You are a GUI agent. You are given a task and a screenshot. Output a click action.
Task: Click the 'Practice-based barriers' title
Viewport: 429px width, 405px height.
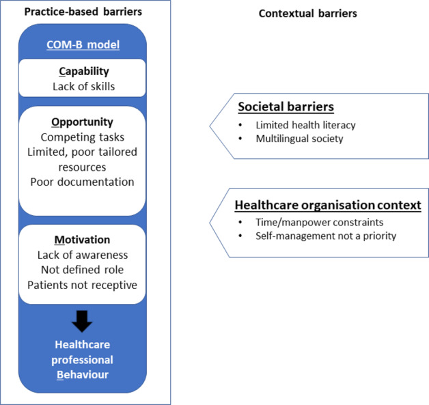83,12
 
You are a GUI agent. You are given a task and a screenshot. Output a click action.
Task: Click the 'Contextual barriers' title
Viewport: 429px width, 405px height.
307,13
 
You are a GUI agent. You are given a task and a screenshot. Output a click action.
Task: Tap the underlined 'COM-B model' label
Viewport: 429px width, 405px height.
83,45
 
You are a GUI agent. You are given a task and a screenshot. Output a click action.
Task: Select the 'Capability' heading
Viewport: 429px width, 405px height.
82,71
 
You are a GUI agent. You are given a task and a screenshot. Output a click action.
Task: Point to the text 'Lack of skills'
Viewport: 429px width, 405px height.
83,86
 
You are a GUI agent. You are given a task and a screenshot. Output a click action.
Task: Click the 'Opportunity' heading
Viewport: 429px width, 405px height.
82,122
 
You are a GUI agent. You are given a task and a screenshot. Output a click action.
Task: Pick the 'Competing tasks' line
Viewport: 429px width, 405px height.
82,137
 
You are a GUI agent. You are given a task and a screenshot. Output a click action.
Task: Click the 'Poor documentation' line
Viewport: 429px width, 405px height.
82,182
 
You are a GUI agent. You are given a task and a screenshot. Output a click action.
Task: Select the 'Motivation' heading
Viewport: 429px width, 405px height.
82,240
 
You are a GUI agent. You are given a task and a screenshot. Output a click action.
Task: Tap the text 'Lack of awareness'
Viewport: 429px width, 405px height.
82,255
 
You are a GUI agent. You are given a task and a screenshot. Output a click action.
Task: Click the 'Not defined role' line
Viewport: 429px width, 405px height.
82,269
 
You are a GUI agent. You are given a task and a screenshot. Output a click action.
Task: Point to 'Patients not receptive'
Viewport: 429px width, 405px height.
82,284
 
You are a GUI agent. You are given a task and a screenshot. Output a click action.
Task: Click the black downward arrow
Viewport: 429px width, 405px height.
82,321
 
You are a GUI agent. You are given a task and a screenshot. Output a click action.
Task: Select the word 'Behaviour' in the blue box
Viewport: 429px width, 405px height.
82,374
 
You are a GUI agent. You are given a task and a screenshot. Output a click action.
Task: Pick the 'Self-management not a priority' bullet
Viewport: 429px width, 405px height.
319,236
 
